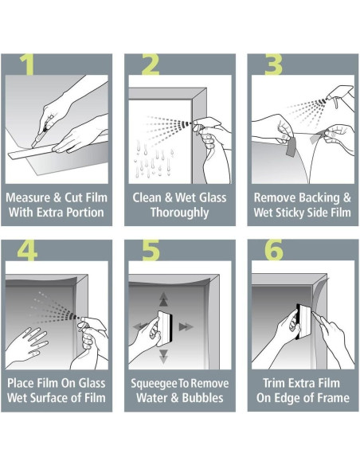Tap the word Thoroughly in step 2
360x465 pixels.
pos(179,213)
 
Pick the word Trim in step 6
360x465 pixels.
pos(268,384)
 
